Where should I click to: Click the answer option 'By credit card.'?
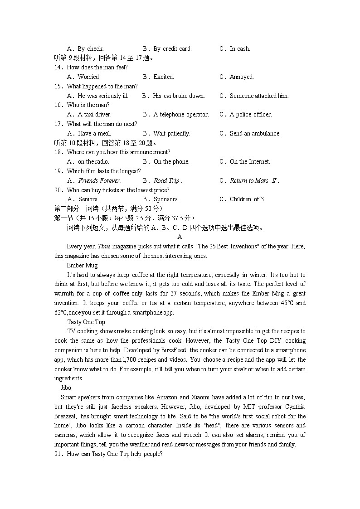click(x=172, y=48)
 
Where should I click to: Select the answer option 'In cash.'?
click(x=240, y=48)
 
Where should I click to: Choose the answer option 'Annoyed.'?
click(x=242, y=77)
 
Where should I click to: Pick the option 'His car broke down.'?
click(x=179, y=96)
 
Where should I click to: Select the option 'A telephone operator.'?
click(x=181, y=114)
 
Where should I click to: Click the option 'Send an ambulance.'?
click(x=255, y=133)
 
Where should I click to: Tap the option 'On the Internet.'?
click(x=250, y=161)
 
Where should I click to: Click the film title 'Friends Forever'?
click(x=99, y=180)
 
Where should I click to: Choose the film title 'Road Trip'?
click(x=166, y=180)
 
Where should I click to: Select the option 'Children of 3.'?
click(x=248, y=199)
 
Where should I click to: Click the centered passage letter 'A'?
click(x=180, y=237)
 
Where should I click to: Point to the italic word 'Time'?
click(x=104, y=246)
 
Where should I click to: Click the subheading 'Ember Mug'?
click(x=82, y=265)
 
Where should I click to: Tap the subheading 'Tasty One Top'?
click(x=86, y=322)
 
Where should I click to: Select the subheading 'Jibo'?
click(x=66, y=388)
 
